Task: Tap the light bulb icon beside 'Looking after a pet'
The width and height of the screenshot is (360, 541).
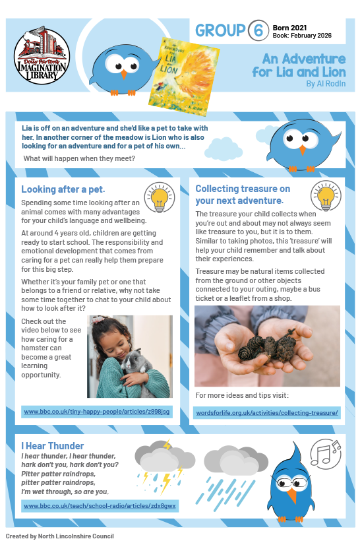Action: [158, 197]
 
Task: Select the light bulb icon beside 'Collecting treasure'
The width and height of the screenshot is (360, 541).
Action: [324, 196]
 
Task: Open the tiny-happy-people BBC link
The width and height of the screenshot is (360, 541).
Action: [96, 412]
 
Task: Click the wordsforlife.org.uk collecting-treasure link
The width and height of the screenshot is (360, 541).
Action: [266, 413]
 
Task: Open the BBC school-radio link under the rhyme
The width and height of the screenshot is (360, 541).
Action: [99, 505]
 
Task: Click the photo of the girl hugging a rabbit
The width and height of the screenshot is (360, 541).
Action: [130, 356]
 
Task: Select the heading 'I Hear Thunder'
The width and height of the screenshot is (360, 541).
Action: [53, 446]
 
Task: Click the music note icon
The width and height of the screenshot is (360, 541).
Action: [325, 453]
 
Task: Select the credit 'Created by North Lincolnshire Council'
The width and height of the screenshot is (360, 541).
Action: [60, 536]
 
